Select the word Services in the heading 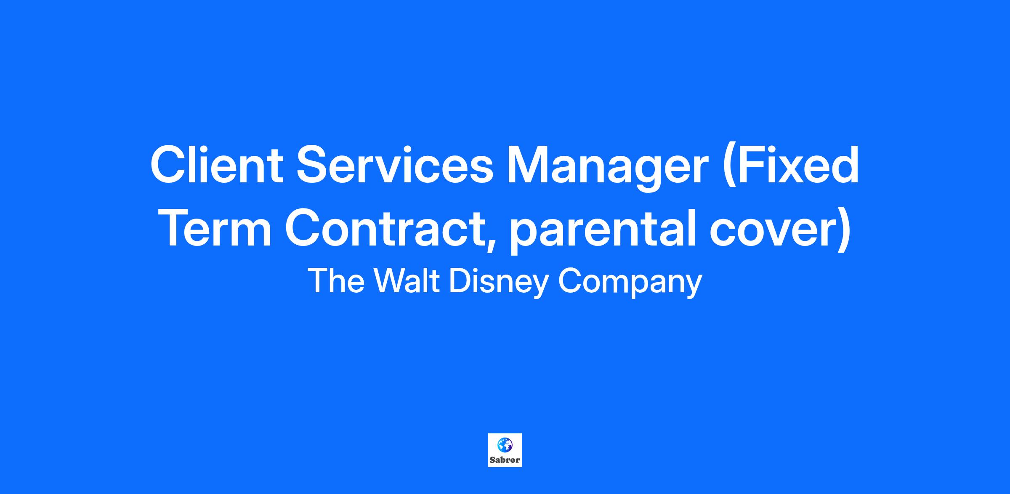[x=395, y=165]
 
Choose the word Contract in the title [x=385, y=228]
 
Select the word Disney [x=499, y=283]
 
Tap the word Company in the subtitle [x=630, y=283]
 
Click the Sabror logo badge [x=505, y=450]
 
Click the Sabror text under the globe [x=505, y=460]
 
